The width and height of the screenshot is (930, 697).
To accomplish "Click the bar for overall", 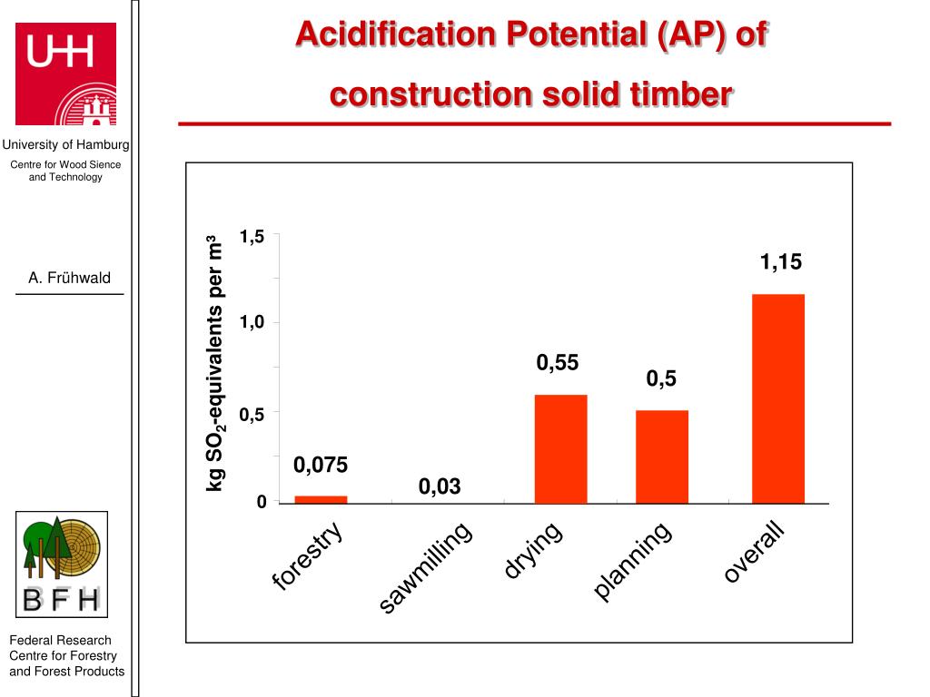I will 777,398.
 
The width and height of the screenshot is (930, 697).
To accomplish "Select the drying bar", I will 560,448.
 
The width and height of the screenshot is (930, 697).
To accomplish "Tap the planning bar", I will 662,456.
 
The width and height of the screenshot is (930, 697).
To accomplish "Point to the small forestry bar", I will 321,498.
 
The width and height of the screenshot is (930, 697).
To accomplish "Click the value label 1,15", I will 781,263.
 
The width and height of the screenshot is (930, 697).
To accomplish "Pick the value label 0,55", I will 557,364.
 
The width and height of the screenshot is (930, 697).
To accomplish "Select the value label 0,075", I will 321,466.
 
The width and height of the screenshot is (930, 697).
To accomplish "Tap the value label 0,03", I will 440,487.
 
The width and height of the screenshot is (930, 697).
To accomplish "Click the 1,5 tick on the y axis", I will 252,237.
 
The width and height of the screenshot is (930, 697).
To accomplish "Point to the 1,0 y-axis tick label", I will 252,323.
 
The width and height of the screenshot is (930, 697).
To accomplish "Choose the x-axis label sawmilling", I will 427,568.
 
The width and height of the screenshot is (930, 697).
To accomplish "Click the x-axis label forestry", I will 309,556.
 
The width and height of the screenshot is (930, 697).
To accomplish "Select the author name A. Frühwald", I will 69,279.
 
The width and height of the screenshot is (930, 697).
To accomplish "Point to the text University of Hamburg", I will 65,145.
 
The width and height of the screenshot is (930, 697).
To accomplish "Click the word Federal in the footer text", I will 35,641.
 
